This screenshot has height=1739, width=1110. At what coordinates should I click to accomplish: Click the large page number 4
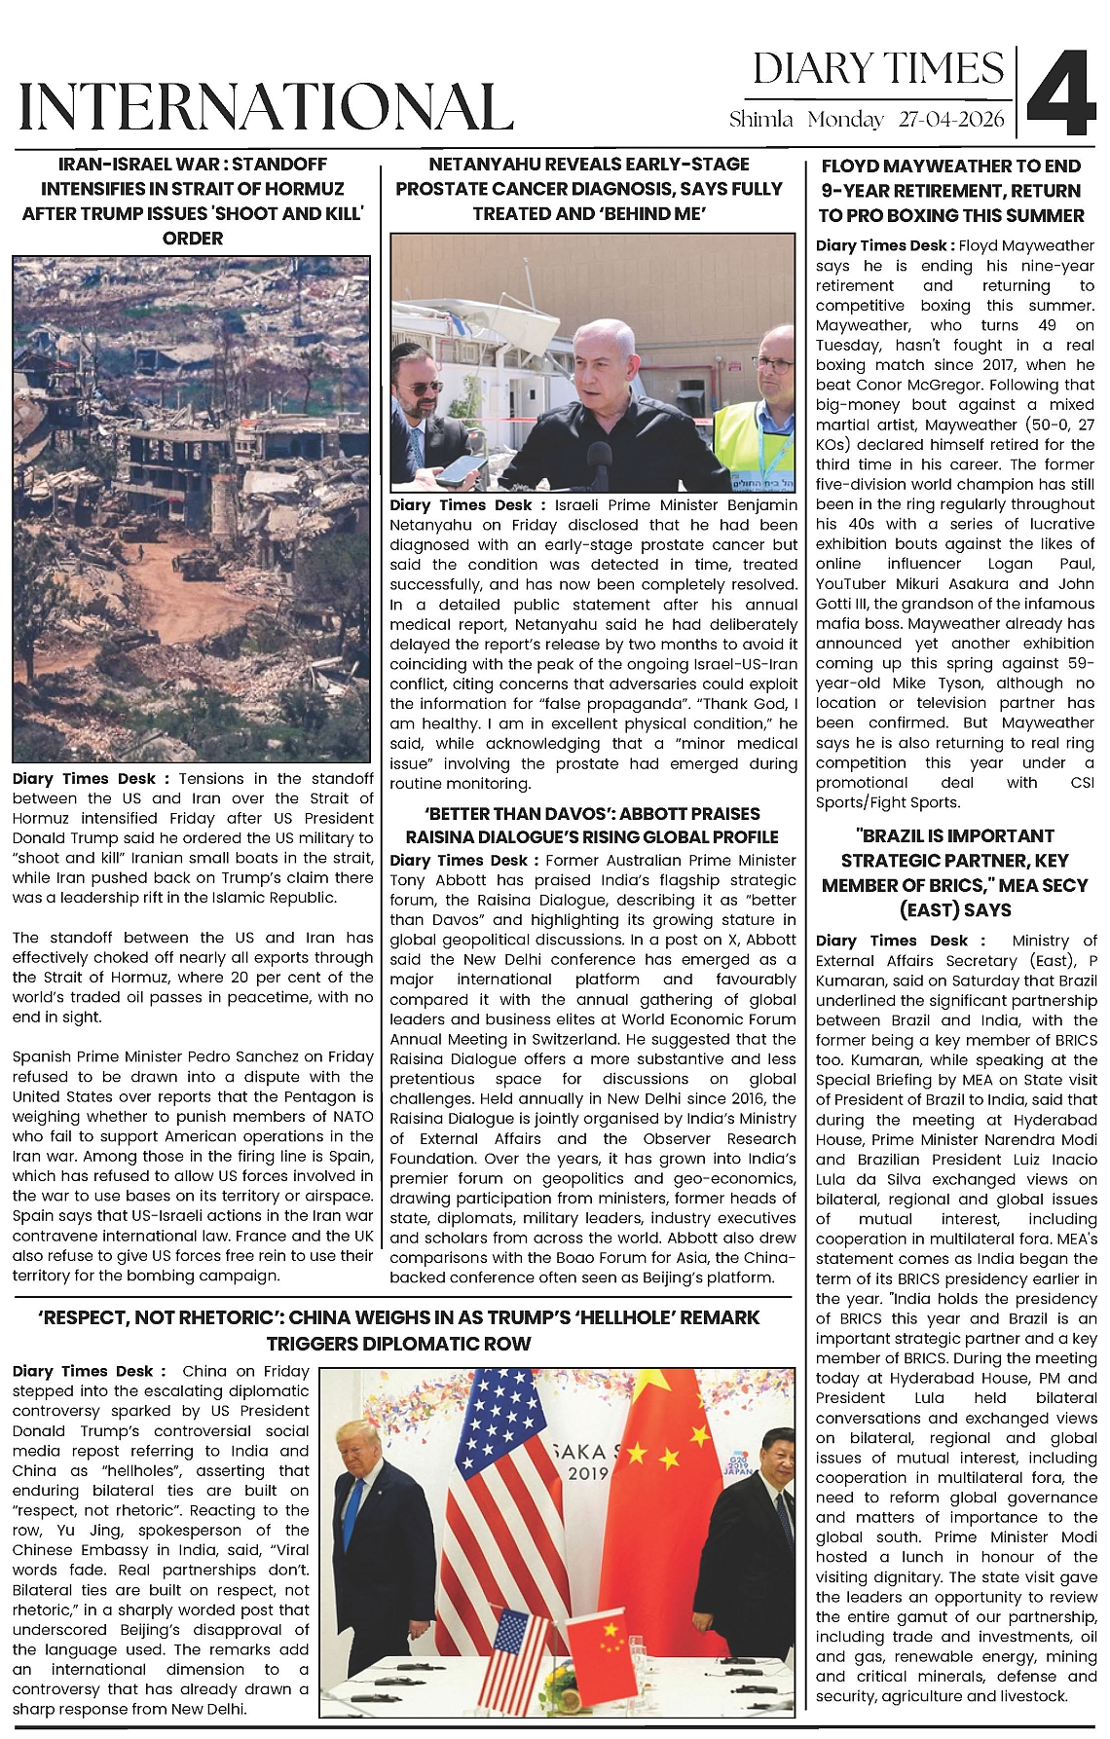[1060, 93]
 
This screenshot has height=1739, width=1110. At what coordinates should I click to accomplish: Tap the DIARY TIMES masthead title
[877, 69]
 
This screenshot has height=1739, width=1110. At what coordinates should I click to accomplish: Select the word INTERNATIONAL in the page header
[266, 106]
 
